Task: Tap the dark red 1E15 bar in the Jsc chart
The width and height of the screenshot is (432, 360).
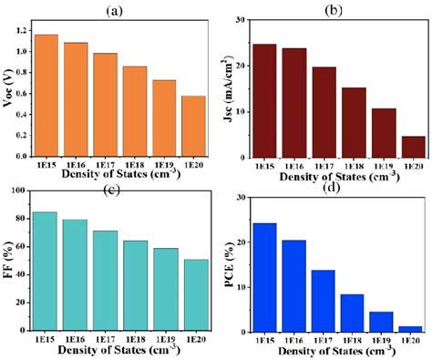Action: [x=264, y=100]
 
